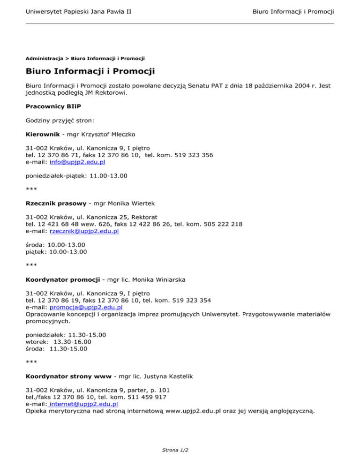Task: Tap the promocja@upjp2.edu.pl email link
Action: tap(86, 307)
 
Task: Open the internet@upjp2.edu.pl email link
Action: tap(83, 403)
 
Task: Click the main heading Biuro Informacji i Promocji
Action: tap(90, 72)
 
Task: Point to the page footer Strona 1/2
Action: tap(180, 451)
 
